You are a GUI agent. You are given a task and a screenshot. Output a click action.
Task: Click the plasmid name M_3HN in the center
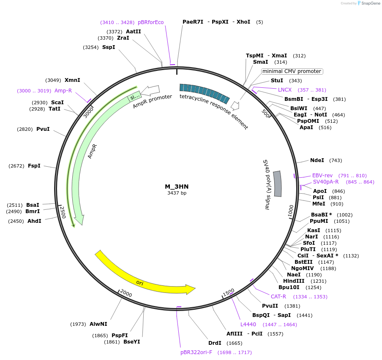pos(177,187)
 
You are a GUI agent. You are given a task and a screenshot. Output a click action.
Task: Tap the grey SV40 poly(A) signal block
pos(277,184)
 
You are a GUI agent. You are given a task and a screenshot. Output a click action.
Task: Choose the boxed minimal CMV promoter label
pos(292,71)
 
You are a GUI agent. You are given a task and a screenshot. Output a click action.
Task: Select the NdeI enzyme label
pos(317,160)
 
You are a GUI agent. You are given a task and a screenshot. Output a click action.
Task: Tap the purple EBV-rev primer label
pos(322,176)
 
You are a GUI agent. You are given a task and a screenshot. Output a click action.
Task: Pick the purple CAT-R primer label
pos(278,297)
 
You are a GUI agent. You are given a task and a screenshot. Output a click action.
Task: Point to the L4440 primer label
pos(248,325)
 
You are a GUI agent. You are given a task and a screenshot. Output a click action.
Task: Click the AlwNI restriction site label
pos(98,324)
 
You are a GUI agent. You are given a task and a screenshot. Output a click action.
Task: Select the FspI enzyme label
pos(34,166)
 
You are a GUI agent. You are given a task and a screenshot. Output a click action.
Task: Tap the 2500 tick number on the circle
pos(63,212)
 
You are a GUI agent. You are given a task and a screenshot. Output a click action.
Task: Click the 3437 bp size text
pos(177,193)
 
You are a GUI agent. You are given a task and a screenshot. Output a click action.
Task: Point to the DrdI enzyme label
pos(215,343)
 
